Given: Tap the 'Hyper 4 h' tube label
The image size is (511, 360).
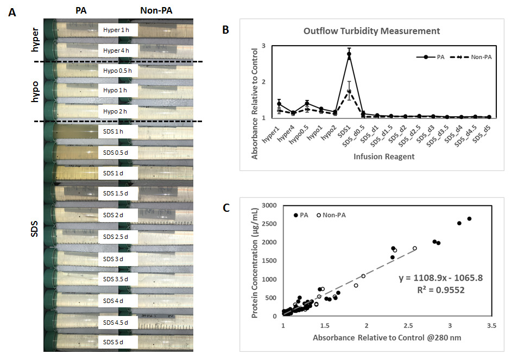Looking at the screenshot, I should coord(117,50).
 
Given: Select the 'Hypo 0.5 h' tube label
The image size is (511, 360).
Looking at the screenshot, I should coord(117,71).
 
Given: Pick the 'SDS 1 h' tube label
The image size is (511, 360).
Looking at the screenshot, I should coord(117,131).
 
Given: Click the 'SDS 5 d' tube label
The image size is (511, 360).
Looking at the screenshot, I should coord(117,343).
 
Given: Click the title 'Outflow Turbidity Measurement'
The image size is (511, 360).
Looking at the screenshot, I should coord(364,30).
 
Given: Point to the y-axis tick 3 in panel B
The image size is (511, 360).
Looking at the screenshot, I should coord(263,46).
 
